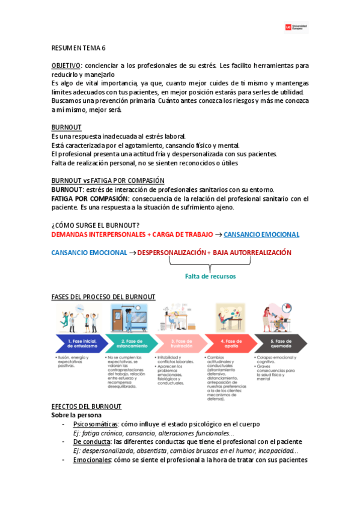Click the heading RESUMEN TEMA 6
coord(78,48)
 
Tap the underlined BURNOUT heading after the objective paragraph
coord(66,127)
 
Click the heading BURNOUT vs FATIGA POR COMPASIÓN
coord(108,180)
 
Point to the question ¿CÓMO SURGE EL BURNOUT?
coord(96,226)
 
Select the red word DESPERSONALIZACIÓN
coord(170,253)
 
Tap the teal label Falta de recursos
coord(210,276)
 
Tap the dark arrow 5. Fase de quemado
coord(278,343)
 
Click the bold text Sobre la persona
coord(76,415)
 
